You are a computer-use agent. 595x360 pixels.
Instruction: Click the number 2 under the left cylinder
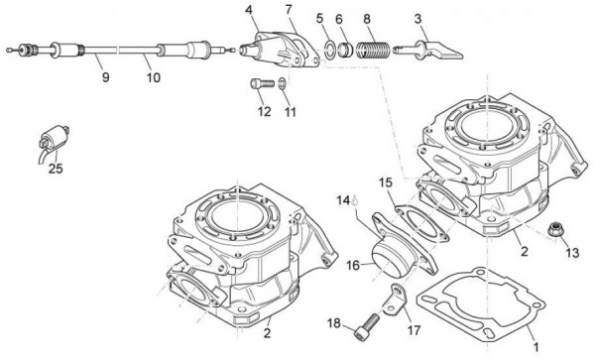[266, 333]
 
